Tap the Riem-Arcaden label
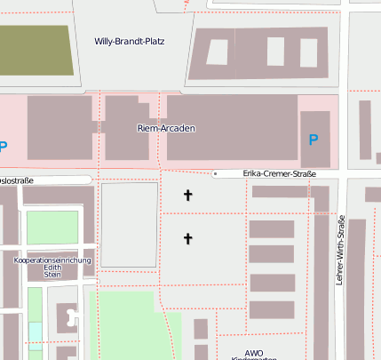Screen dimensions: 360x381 (166, 128)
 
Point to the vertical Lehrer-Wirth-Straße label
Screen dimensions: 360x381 (340, 250)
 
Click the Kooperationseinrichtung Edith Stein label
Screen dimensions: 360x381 (52, 268)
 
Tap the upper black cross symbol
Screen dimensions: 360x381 (187, 195)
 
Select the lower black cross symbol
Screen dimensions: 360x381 (187, 237)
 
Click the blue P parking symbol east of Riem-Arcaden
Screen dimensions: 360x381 (313, 140)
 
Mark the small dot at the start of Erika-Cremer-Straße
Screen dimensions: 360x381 (215, 173)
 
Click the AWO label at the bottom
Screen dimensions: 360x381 (254, 352)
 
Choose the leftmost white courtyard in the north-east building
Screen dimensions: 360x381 (217, 52)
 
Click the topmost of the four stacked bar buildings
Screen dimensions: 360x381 (271, 229)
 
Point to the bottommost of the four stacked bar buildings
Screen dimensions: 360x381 (271, 309)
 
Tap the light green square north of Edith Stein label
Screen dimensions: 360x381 (52, 228)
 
